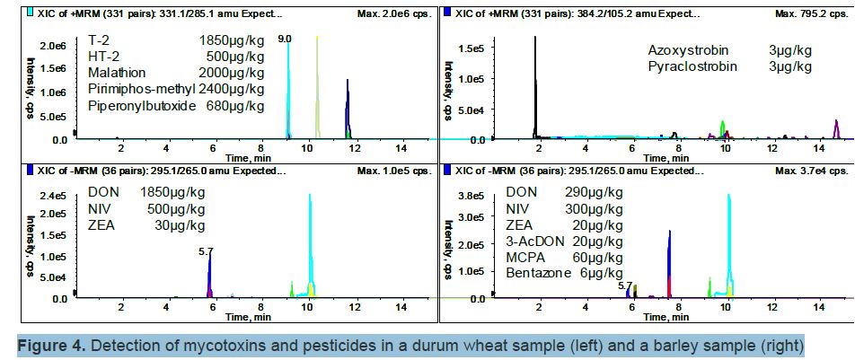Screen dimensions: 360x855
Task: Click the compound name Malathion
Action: tap(117, 73)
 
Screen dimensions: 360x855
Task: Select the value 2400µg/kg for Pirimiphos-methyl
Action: tap(231, 90)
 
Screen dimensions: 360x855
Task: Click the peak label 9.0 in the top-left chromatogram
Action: tap(285, 40)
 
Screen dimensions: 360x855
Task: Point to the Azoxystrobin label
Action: tap(688, 49)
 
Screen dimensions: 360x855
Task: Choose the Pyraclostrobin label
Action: tap(692, 66)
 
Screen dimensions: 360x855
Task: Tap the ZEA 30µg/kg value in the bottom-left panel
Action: tap(180, 225)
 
